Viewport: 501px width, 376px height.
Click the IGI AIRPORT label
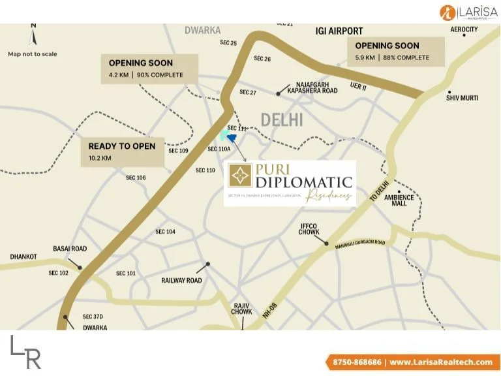(x=339, y=31)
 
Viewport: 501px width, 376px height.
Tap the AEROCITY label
(x=464, y=29)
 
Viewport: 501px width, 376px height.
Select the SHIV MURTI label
(x=462, y=98)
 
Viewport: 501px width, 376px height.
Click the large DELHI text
(x=282, y=119)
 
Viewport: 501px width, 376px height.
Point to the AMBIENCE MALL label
(x=395, y=200)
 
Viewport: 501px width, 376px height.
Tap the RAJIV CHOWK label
(x=243, y=308)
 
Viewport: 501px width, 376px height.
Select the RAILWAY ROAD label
(x=181, y=280)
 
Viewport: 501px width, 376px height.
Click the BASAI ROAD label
(x=70, y=249)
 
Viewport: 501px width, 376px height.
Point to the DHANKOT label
(x=23, y=257)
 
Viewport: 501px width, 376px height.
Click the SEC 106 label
(x=136, y=178)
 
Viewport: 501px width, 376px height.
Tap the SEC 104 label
(x=165, y=232)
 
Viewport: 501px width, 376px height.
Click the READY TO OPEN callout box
(x=121, y=151)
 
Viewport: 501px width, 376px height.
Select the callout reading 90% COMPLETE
(x=149, y=69)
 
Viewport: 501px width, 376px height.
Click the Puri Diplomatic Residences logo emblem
(x=241, y=176)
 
